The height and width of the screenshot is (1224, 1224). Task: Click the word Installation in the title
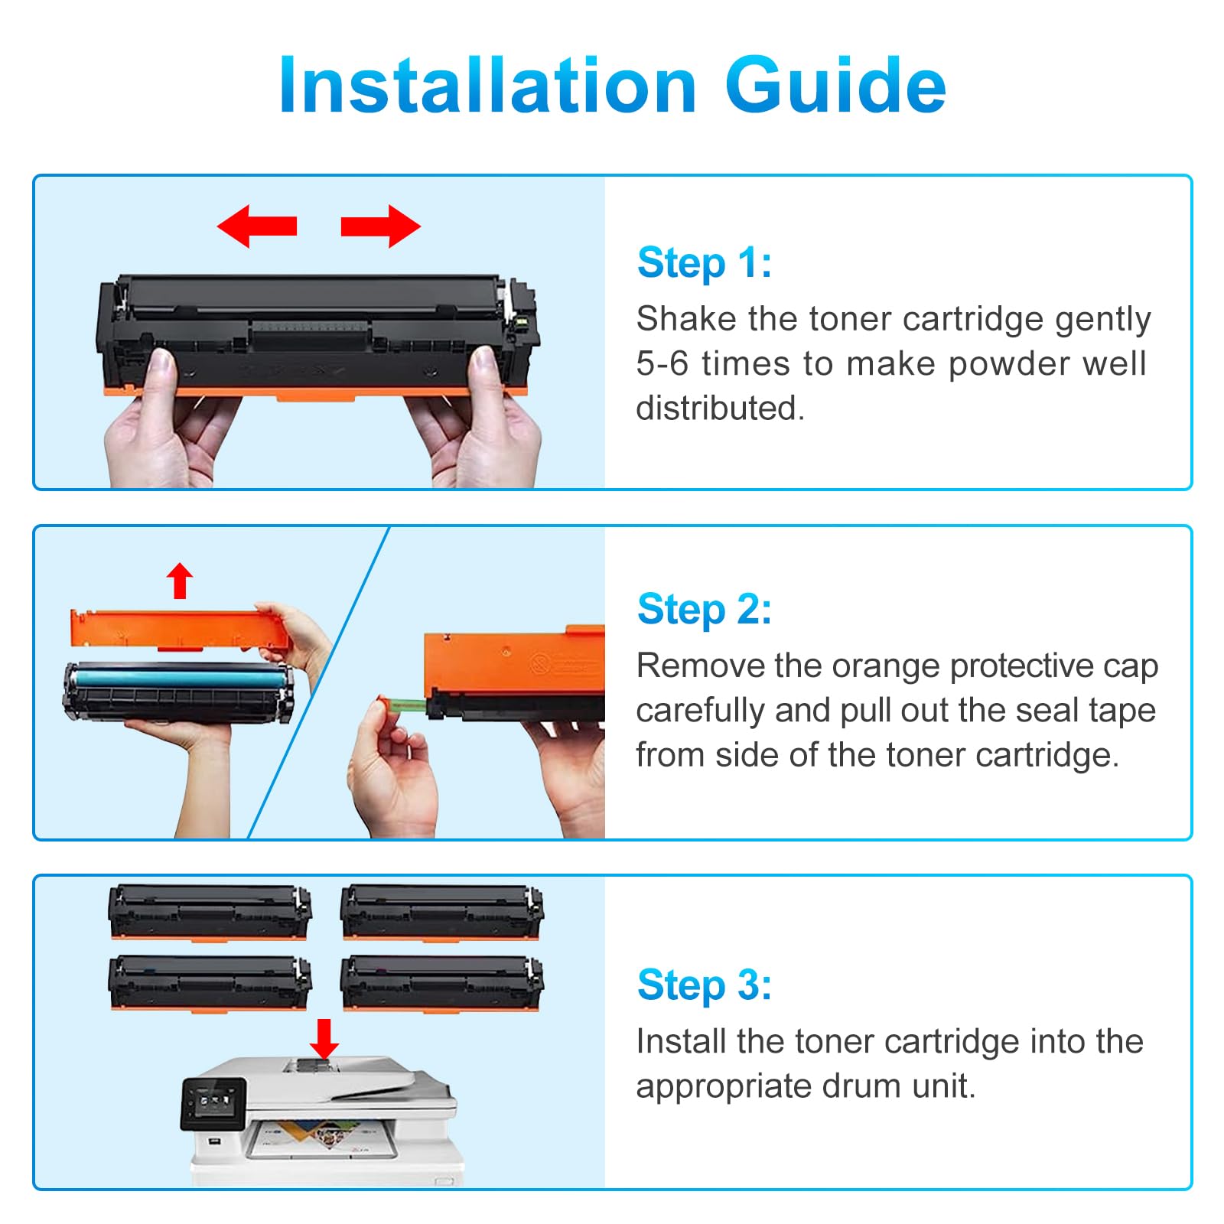point(488,85)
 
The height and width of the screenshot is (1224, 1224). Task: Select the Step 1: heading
point(705,263)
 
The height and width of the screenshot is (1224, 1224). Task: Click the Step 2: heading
point(705,610)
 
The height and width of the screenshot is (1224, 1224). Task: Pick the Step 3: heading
point(705,985)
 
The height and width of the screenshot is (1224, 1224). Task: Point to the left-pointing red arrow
point(257,226)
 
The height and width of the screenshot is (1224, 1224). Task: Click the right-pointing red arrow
point(380,226)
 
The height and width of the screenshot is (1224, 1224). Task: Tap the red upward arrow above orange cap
point(180,581)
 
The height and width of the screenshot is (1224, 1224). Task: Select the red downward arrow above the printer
point(324,1039)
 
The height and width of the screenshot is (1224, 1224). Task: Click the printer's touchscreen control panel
point(213,1103)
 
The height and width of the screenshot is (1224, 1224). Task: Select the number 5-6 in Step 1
point(662,364)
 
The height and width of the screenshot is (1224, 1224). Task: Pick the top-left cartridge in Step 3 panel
point(210,913)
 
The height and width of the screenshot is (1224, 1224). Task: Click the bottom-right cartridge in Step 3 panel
point(442,983)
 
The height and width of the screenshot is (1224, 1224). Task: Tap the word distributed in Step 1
point(720,409)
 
